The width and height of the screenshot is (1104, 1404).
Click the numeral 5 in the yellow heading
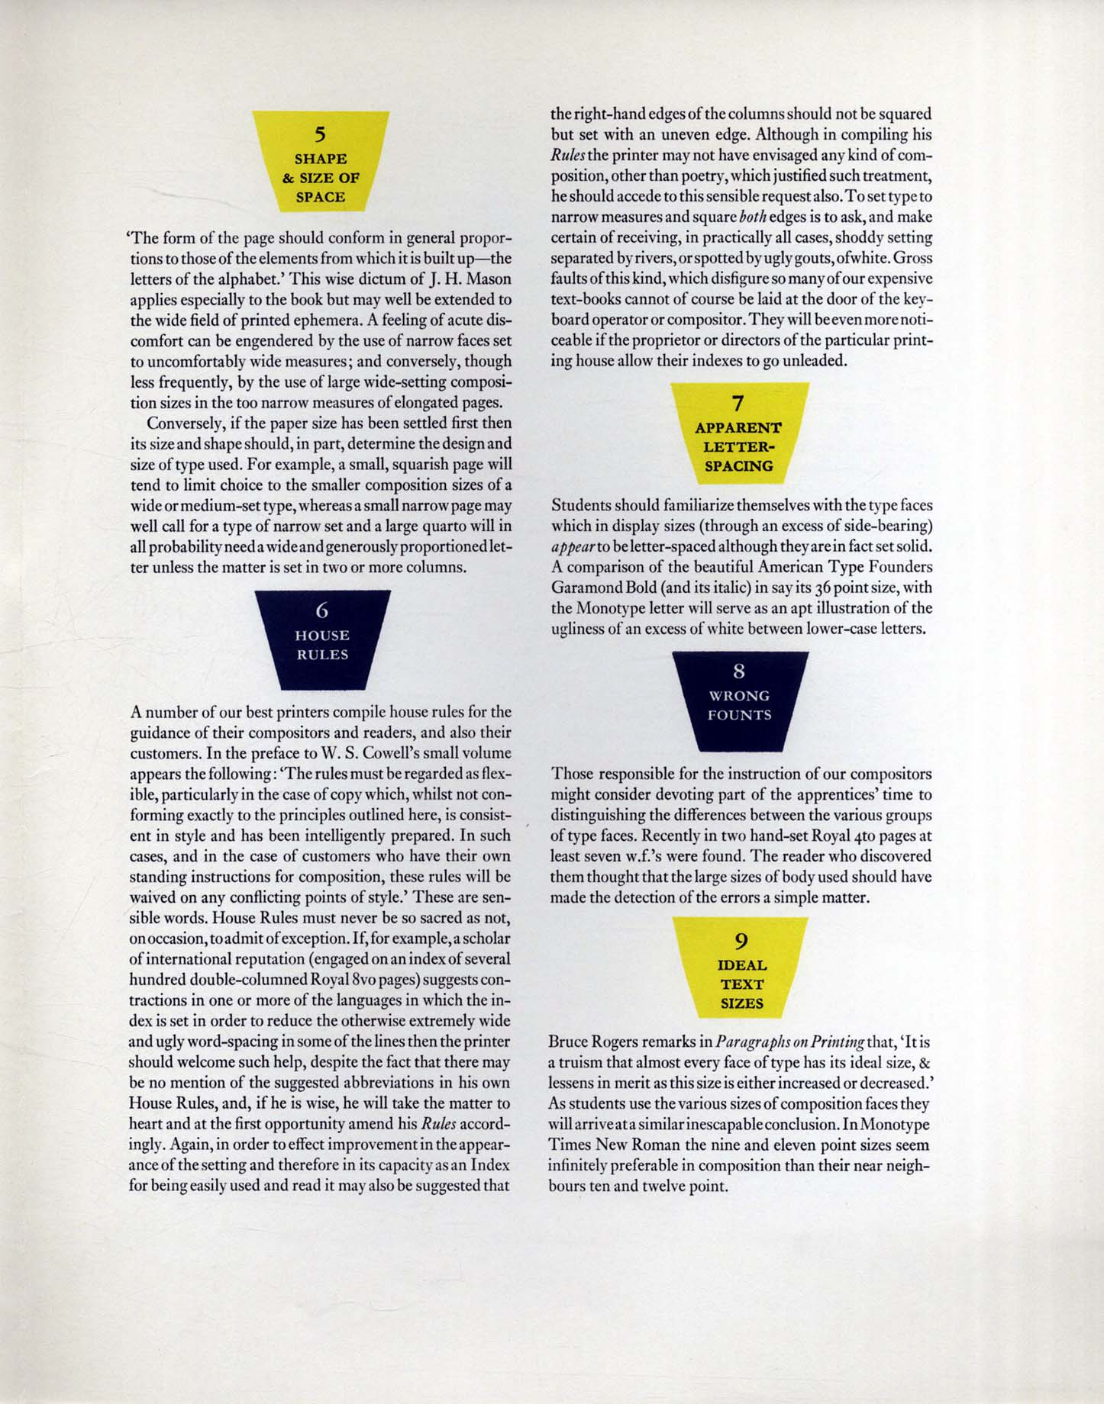pos(321,135)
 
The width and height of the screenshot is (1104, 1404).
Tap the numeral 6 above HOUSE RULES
pos(322,610)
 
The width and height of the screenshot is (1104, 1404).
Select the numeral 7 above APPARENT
pos(738,403)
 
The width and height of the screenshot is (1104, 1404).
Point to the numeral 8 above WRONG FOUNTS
pos(738,671)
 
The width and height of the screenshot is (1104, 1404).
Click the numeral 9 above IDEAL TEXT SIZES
pos(740,941)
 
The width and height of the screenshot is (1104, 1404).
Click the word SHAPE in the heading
pos(321,159)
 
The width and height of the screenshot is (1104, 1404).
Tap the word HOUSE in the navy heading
pos(322,636)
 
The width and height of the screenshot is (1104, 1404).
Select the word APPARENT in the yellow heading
pos(738,428)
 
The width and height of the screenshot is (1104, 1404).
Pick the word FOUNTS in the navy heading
pos(739,715)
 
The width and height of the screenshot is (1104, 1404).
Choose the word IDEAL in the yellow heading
pos(741,965)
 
